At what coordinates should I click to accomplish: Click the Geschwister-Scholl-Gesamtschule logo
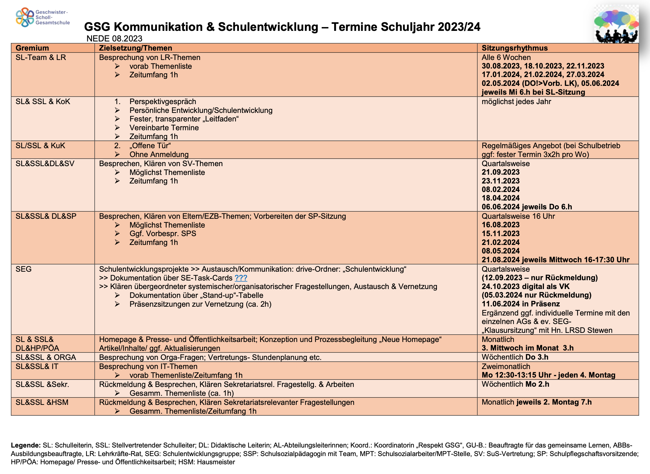[42, 17]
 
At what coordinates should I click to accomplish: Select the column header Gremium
[32, 48]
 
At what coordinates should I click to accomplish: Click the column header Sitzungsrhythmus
[515, 48]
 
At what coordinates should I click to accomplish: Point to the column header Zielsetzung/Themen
[135, 48]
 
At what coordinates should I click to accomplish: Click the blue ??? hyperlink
[241, 278]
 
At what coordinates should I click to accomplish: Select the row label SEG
[24, 269]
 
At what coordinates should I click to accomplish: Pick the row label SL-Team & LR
[41, 57]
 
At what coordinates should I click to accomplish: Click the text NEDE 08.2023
[114, 39]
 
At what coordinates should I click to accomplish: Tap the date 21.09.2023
[500, 172]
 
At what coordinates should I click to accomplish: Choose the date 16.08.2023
[500, 225]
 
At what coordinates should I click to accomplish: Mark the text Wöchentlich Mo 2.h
[515, 384]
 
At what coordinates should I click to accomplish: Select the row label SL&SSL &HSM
[42, 402]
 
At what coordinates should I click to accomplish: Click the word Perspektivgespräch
[163, 101]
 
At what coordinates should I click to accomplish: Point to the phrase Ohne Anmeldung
[159, 154]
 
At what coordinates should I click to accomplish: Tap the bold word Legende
[26, 445]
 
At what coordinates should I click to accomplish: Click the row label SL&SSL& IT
[37, 366]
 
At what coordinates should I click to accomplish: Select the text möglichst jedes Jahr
[516, 101]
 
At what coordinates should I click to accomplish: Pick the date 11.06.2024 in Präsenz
[520, 304]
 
